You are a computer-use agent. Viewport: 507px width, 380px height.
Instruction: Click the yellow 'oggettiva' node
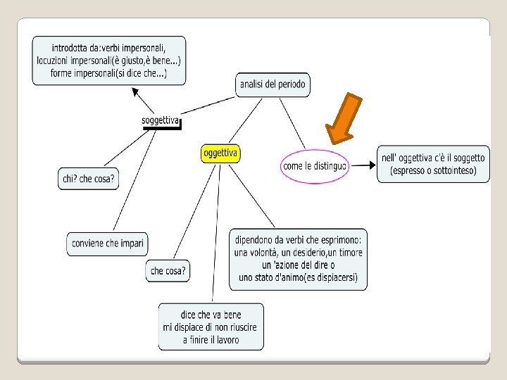(x=220, y=153)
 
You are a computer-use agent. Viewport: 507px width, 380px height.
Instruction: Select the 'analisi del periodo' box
(x=273, y=84)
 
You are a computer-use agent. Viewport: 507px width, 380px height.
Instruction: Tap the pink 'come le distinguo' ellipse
(x=314, y=166)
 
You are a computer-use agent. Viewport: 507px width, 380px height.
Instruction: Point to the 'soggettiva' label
(x=161, y=120)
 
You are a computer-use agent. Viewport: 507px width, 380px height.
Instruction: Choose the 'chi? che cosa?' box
(x=88, y=179)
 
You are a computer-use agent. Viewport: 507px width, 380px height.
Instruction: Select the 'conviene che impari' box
(x=108, y=243)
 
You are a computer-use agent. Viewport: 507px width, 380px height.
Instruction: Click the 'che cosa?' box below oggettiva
(x=169, y=271)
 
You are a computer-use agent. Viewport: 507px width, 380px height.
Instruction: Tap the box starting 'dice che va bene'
(x=211, y=327)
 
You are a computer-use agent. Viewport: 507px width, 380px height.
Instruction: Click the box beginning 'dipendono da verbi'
(x=298, y=258)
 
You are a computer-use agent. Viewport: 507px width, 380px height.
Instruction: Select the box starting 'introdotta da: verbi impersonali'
(x=108, y=61)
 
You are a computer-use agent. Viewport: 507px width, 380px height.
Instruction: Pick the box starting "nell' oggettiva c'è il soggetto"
(x=433, y=164)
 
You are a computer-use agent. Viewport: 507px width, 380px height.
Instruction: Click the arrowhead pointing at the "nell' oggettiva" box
(x=371, y=166)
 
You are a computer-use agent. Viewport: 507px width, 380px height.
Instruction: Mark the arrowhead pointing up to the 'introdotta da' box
(x=134, y=90)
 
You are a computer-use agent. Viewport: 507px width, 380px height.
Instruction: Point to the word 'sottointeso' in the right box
(x=450, y=171)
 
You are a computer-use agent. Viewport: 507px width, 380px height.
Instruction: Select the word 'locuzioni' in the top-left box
(x=57, y=61)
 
